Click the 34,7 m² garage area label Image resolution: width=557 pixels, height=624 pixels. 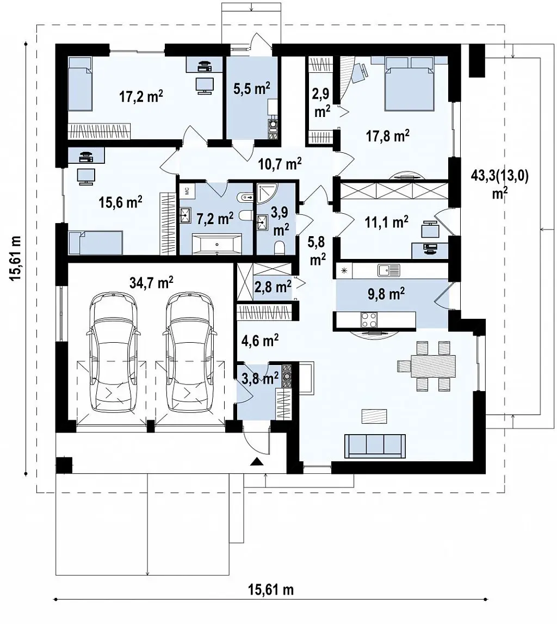[151, 282]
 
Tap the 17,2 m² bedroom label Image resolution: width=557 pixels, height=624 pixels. [141, 96]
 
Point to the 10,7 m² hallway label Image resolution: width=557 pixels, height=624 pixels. [280, 163]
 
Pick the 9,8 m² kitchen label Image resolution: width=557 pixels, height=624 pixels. [386, 294]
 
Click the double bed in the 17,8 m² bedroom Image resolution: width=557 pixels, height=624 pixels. [409, 84]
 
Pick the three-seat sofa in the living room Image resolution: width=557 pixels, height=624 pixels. [375, 446]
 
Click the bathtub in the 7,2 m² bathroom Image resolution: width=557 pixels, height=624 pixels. [217, 244]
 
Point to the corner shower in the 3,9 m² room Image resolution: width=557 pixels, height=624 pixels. [268, 194]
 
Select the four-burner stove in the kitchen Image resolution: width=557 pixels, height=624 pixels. [369, 319]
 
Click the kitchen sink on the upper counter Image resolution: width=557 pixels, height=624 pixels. [389, 271]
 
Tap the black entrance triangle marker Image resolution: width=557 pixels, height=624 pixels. [257, 462]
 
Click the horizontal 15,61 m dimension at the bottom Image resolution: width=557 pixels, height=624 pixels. [271, 598]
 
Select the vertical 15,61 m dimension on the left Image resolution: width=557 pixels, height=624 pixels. [26, 258]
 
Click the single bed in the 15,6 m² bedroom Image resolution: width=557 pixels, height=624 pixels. [96, 243]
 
